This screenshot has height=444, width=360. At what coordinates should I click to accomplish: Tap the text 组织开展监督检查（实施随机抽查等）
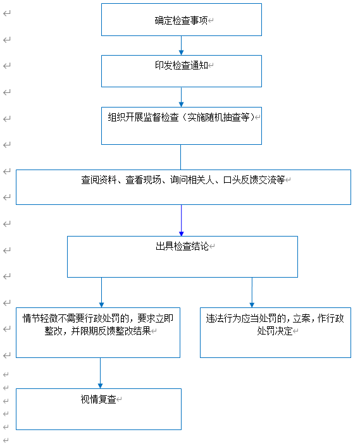tap(181, 117)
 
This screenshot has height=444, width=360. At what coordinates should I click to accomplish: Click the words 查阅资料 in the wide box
tap(99, 180)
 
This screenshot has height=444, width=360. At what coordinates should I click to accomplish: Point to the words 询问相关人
tap(192, 180)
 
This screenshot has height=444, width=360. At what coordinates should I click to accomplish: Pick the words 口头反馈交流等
tap(254, 180)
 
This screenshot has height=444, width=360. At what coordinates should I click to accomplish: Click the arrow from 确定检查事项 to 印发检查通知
tap(182, 46)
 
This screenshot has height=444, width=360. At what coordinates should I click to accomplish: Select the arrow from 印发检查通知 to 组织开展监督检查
tap(182, 97)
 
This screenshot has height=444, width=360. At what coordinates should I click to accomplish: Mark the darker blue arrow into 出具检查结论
tap(182, 220)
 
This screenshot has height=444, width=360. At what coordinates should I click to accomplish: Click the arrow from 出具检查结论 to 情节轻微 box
tap(101, 292)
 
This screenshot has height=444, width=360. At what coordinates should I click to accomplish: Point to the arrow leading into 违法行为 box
tap(252, 292)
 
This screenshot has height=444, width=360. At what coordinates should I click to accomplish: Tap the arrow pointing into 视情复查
tap(100, 373)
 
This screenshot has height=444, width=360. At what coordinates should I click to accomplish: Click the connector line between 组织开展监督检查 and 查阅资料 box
tap(181, 157)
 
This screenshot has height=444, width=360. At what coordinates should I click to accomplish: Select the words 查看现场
tap(143, 180)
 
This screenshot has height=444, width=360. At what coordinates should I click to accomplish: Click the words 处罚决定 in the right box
tap(275, 331)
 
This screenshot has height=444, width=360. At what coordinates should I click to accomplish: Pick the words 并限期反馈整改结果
tap(111, 331)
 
